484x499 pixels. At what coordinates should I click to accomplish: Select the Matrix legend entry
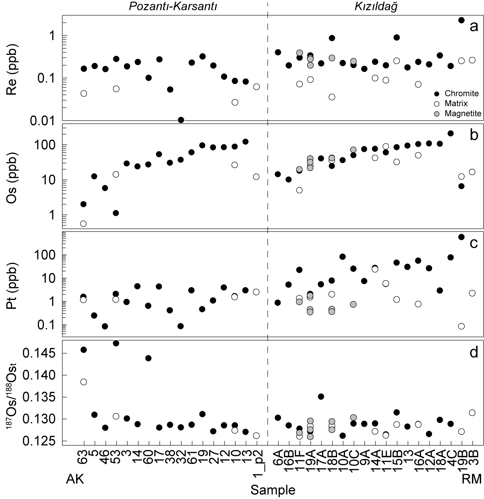457,104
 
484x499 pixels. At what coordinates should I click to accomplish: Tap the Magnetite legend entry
462,114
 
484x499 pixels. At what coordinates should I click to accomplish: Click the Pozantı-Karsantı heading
173,7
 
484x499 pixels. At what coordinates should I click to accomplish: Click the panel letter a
473,26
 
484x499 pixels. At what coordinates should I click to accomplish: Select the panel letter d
473,352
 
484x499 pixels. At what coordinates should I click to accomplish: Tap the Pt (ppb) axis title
12,285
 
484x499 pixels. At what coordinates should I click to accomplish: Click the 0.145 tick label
39,353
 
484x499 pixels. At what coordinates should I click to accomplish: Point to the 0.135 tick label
39,397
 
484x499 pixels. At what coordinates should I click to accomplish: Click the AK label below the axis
75,479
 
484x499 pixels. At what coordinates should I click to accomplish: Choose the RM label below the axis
472,479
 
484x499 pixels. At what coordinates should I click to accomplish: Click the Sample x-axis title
273,490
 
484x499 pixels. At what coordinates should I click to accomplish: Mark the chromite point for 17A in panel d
321,396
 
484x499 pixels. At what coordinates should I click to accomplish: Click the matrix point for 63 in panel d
84,382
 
